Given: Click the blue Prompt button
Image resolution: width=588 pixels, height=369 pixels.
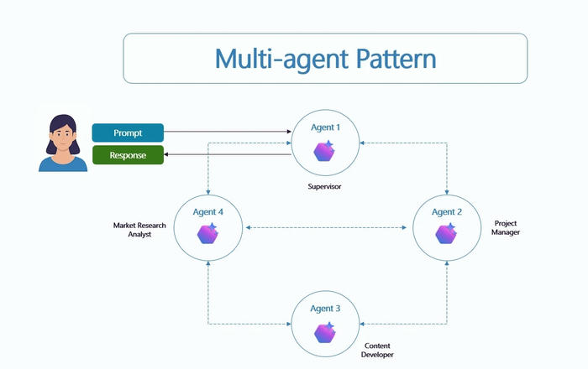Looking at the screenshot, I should (128, 133).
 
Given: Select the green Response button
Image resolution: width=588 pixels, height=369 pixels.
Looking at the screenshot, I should (128, 155).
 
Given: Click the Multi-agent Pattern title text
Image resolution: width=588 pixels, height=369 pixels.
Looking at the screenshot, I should (325, 59).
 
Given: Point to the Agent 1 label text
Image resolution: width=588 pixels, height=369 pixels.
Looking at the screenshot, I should (326, 128).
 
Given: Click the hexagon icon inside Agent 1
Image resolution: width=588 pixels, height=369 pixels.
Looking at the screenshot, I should (324, 151).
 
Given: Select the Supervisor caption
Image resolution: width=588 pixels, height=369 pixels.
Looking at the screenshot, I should (326, 185).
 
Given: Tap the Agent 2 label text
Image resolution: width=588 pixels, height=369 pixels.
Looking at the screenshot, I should (447, 212).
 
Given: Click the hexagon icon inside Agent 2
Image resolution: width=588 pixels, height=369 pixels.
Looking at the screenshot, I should (446, 234).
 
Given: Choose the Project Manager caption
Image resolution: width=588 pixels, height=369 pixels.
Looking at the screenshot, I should (506, 227).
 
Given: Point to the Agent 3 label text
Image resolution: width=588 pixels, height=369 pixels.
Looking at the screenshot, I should (326, 309).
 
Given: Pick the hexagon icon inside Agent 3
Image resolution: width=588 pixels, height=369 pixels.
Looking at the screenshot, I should (324, 332).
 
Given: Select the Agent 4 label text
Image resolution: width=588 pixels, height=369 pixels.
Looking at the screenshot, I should (207, 212).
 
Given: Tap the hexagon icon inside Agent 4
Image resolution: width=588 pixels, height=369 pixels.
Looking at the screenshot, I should (207, 234).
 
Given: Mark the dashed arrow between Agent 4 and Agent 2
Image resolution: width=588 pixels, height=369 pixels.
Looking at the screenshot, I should (328, 228).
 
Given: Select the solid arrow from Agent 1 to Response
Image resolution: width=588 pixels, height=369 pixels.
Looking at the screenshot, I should (227, 155).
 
